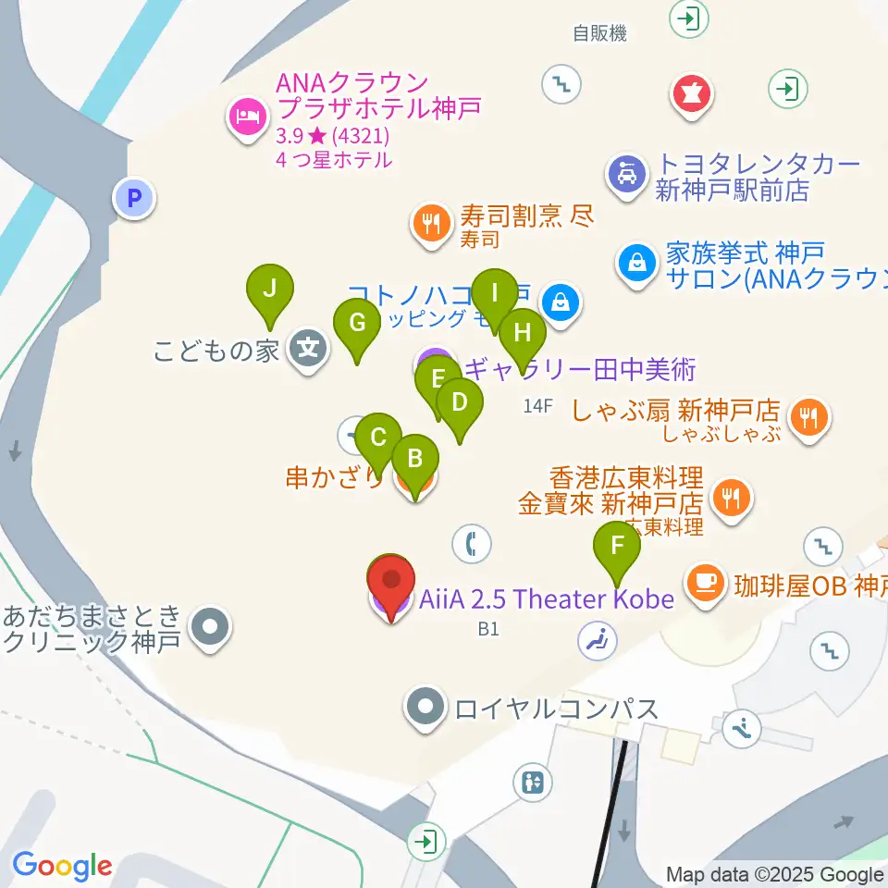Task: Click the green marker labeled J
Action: [x=269, y=290]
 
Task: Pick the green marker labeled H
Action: [x=524, y=332]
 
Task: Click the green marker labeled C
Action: [x=377, y=438]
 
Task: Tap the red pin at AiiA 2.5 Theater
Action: [x=391, y=584]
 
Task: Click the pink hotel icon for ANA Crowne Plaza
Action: [x=247, y=117]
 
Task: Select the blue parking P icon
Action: [x=135, y=197]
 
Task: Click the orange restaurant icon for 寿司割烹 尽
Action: [x=430, y=223]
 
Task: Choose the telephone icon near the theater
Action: [x=472, y=543]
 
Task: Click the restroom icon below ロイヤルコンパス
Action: [x=534, y=783]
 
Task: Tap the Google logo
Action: [x=62, y=867]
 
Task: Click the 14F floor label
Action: [x=537, y=405]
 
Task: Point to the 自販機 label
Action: [x=599, y=34]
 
